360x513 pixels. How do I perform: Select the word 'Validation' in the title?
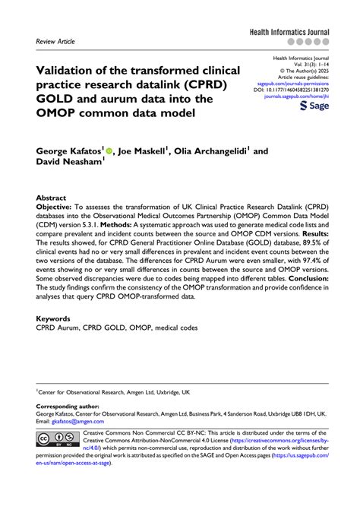point(71,70)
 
